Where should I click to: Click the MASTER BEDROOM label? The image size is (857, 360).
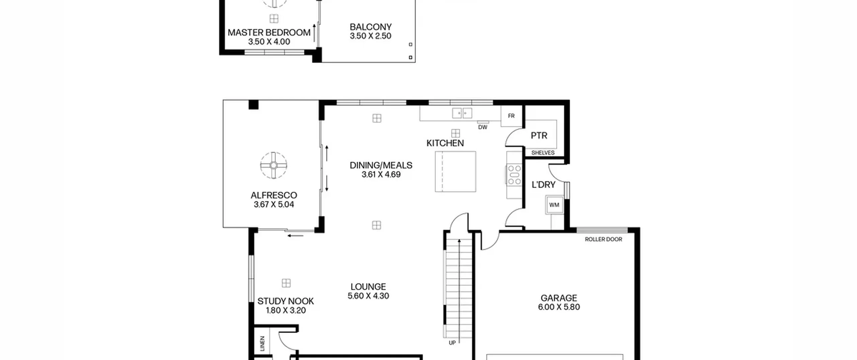(269, 32)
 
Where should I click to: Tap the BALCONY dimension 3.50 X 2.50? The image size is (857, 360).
(370, 36)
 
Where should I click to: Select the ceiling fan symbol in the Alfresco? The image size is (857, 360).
(274, 165)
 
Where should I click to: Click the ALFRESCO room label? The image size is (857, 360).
(274, 195)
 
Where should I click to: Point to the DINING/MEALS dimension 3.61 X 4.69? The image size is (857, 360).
(381, 174)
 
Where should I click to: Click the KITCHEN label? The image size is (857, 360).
(445, 143)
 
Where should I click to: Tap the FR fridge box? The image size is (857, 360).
(511, 116)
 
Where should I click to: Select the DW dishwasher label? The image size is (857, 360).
(482, 127)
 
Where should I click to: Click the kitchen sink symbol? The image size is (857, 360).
(462, 113)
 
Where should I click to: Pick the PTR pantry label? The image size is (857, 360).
(539, 136)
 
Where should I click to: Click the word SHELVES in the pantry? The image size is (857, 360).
(543, 153)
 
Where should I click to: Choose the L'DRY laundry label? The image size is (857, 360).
(543, 185)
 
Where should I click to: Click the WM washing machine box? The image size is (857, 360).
(554, 205)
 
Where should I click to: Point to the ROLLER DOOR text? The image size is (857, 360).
(603, 239)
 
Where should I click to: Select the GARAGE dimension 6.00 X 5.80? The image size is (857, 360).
(559, 307)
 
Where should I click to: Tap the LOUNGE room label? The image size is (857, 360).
(368, 287)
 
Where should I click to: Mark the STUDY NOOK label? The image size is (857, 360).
(286, 301)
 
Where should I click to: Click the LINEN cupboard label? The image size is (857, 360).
(262, 344)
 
